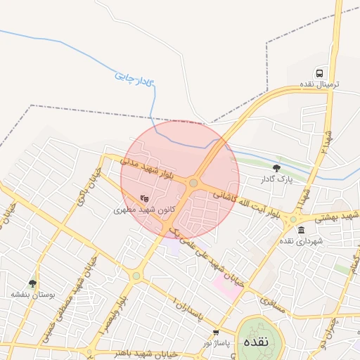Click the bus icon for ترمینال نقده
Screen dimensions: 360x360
click(320, 73)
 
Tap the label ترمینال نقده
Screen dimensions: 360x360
click(320, 84)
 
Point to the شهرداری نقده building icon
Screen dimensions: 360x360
click(301, 231)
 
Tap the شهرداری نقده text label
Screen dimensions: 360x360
click(301, 241)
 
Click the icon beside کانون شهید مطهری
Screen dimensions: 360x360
click(144, 199)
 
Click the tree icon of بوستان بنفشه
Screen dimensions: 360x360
click(32, 283)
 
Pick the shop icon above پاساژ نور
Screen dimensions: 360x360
click(215, 332)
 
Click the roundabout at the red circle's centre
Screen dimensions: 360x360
click(193, 183)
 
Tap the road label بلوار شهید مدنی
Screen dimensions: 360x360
click(146, 168)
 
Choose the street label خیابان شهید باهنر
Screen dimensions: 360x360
click(134, 352)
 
